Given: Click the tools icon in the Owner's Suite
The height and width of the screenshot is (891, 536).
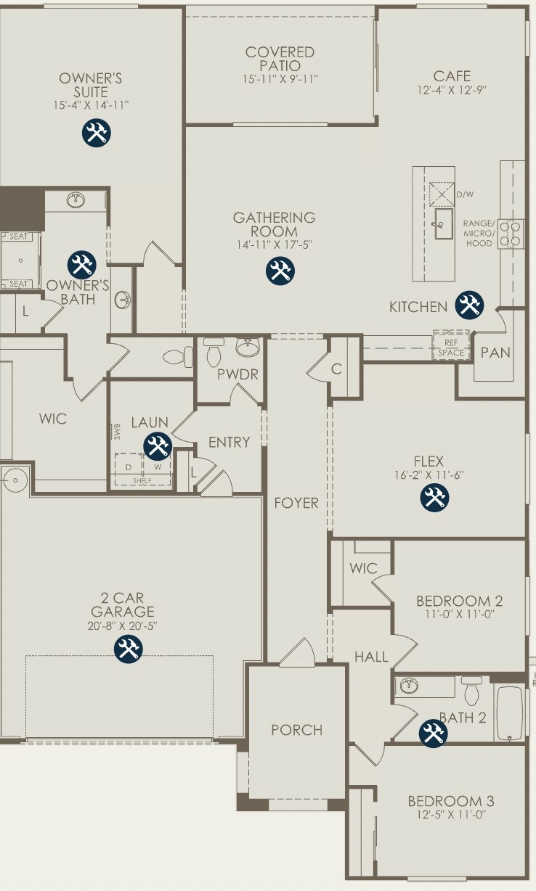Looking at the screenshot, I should coord(95,133).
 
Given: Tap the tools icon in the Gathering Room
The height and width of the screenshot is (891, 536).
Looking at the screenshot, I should coord(280,271).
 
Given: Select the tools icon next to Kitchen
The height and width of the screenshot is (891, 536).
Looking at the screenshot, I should coord(469,305).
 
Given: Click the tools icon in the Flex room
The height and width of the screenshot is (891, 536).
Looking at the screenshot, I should coord(435,497).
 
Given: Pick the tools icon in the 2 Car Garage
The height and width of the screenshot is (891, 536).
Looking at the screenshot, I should coord(129,649).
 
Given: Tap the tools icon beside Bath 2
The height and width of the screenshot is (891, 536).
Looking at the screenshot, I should coord(434,733).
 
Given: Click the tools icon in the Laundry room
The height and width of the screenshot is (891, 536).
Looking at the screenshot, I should coord(158,445).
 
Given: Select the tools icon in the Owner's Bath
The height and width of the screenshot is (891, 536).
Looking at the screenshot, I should coord(81,264).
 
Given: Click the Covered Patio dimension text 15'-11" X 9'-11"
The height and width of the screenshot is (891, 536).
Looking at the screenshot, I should coord(280,78).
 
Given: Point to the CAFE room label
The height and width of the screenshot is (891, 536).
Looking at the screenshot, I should coord(452,76).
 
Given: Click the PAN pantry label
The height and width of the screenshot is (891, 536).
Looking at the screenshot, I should coord(495,353).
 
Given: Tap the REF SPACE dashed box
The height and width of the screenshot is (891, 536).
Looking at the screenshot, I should coord(452,346).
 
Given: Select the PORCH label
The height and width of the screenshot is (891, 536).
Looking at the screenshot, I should coord(296,730).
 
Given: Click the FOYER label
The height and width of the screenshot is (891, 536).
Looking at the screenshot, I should coord(296,503).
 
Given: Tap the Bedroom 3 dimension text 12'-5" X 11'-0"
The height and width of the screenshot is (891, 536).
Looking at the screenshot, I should coord(450,815).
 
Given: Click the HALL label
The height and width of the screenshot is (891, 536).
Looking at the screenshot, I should coord(371,657).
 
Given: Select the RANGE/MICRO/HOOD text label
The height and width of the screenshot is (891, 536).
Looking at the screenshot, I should coord(479,233).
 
